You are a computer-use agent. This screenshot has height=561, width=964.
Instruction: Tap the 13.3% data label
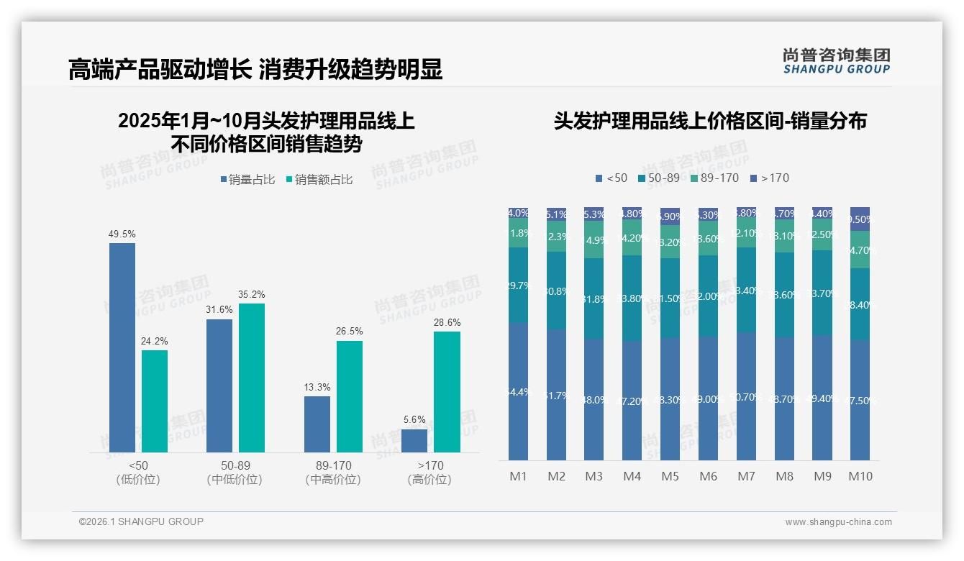(x=317, y=388)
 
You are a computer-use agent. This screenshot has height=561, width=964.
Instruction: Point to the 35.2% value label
(x=252, y=295)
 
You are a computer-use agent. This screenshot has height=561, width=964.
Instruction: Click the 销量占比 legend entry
(x=247, y=180)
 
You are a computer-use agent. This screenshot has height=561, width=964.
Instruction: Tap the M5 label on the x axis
(x=670, y=476)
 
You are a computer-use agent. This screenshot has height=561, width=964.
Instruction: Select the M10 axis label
(x=860, y=476)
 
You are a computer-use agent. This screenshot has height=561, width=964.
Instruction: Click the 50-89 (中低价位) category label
(x=235, y=473)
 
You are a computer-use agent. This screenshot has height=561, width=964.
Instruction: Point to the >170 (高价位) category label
(x=429, y=473)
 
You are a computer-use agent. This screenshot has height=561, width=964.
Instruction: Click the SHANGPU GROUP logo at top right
(x=836, y=61)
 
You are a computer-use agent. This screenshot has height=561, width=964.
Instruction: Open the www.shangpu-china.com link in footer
(x=838, y=522)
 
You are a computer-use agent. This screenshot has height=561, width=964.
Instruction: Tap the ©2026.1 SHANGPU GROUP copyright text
(x=141, y=521)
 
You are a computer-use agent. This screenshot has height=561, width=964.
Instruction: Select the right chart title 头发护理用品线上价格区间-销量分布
(x=710, y=121)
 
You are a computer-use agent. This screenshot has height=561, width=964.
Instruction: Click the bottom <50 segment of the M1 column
(x=518, y=392)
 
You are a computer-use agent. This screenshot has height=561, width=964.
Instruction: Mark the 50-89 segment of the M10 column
(x=860, y=304)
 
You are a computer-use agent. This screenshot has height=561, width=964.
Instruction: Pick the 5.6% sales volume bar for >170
(x=414, y=441)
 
